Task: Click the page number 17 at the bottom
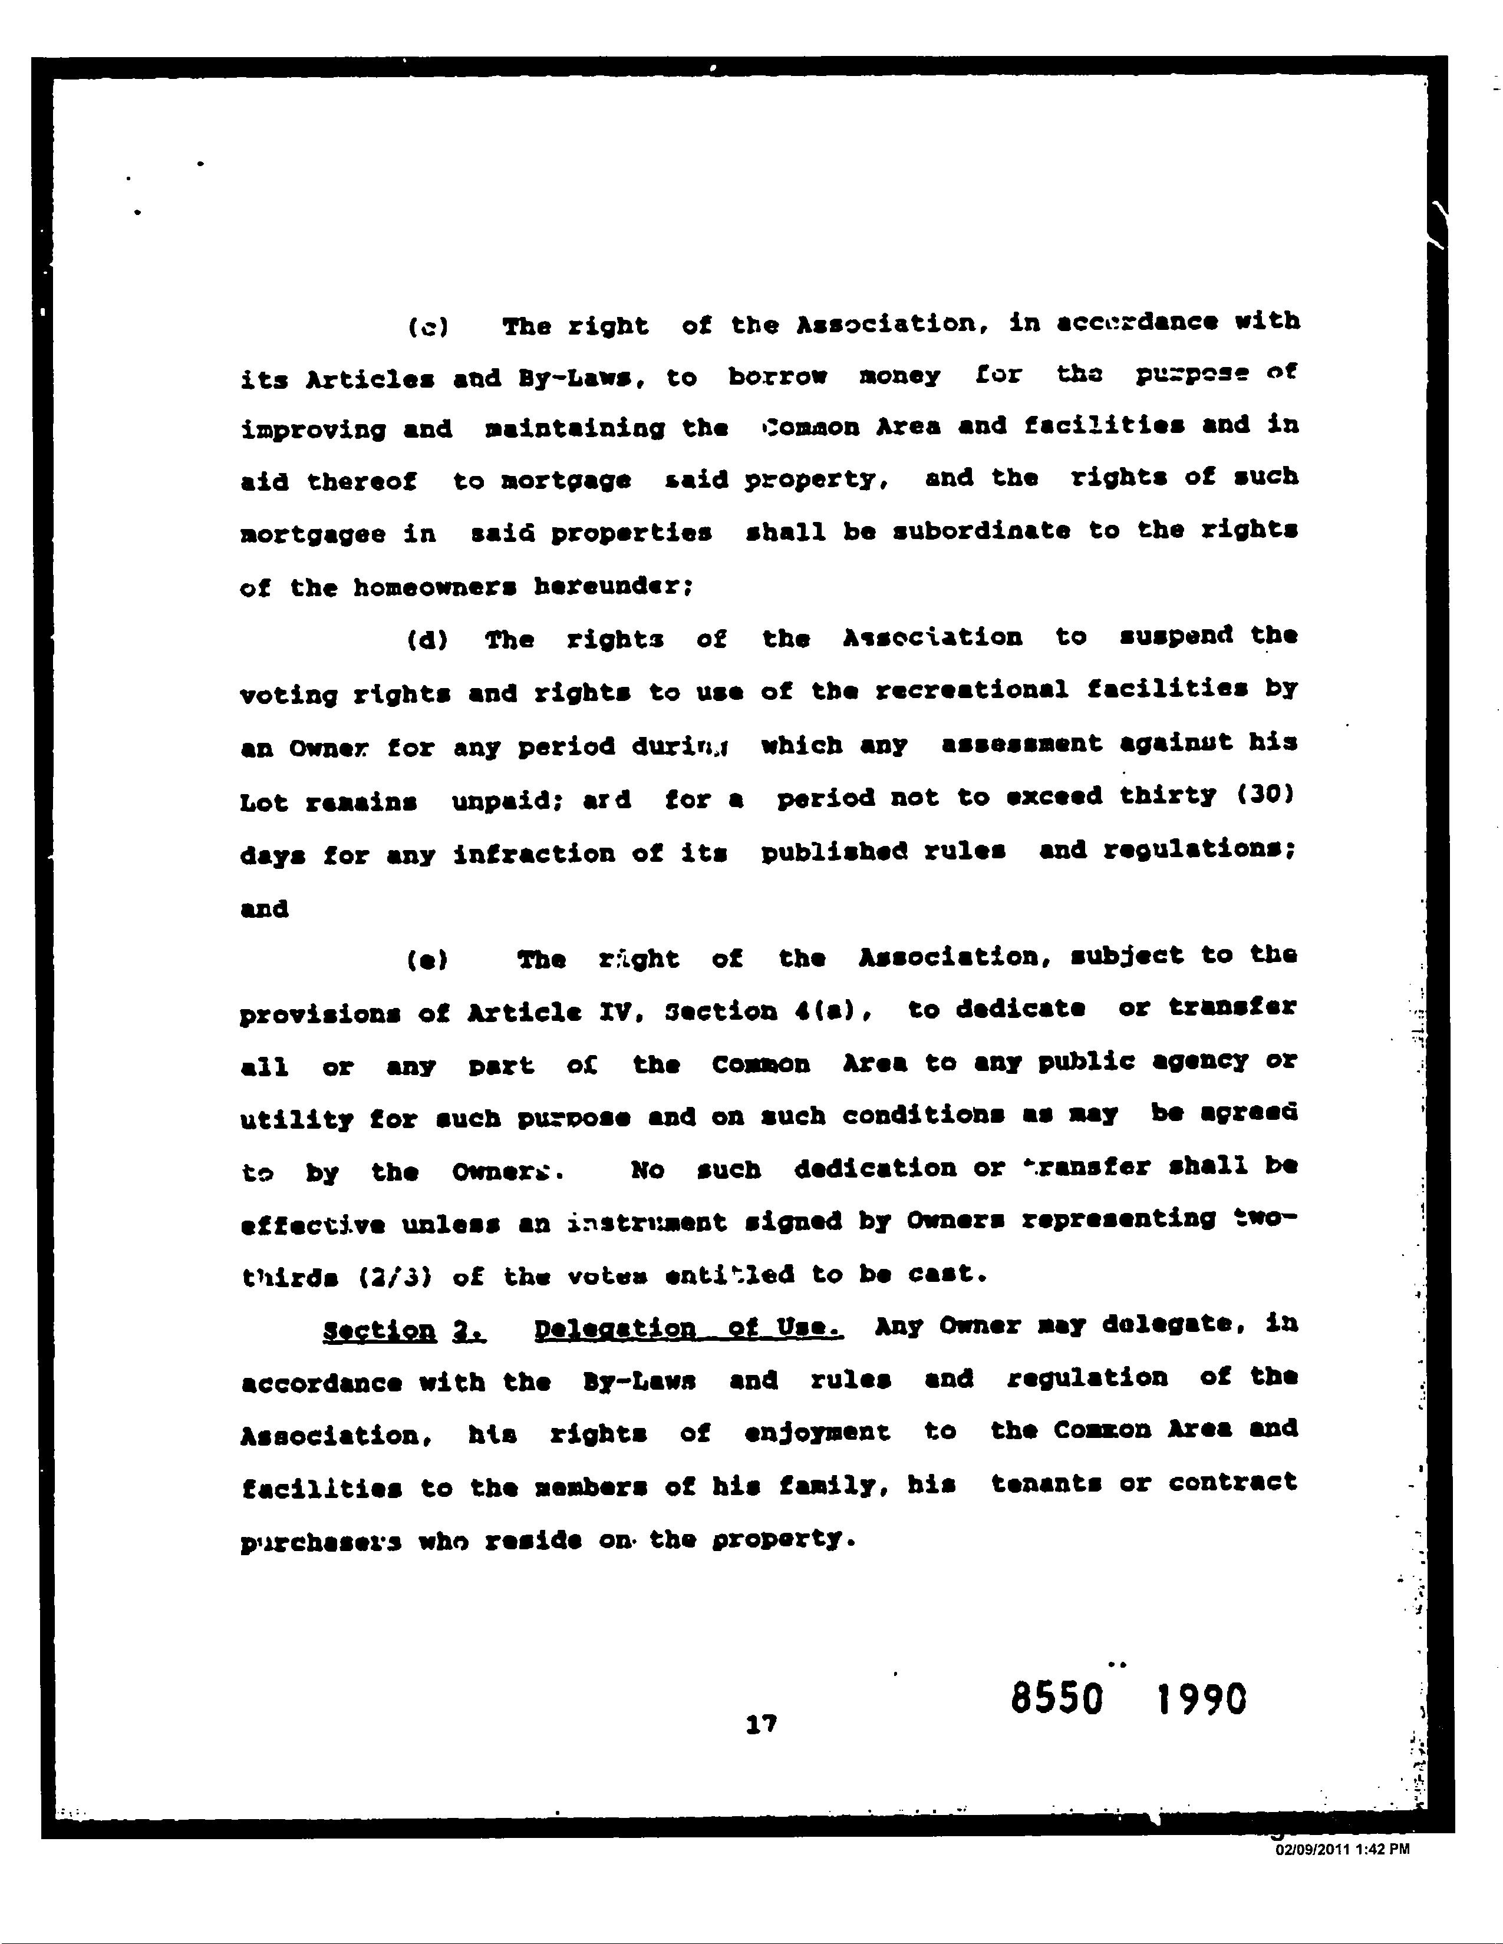[762, 1724]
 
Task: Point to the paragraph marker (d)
[427, 640]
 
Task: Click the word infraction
[533, 854]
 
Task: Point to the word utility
[296, 1119]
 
